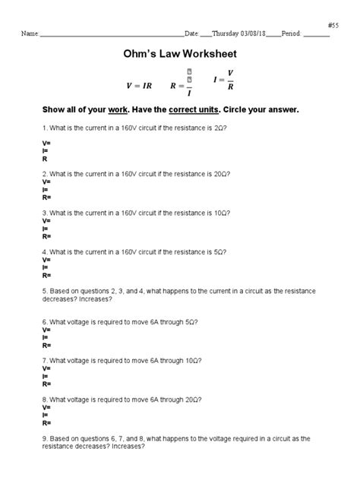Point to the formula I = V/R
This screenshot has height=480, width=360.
pos(223,79)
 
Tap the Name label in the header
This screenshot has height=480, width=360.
pos(30,34)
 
